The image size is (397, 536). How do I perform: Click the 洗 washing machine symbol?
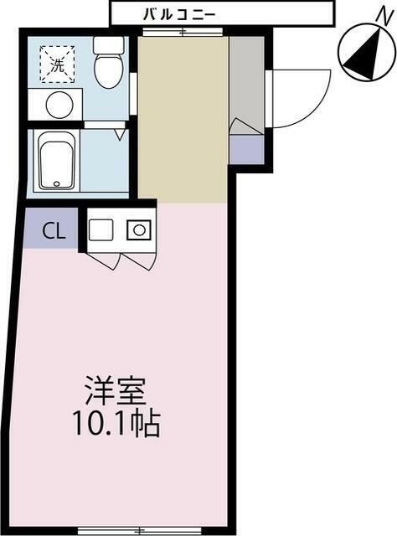[57, 64]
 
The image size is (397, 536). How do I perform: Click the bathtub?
[57, 162]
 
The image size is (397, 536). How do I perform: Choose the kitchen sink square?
[101, 229]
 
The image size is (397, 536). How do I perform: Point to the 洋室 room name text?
[116, 390]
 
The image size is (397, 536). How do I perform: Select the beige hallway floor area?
[183, 117]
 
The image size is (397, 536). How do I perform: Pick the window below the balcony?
[183, 32]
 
